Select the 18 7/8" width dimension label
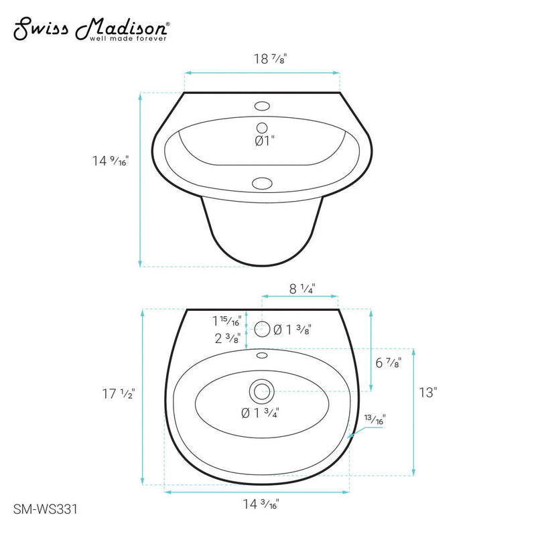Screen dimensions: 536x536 (x=262, y=58)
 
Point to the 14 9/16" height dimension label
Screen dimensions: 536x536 (x=110, y=161)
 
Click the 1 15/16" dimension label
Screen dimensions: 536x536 (x=226, y=320)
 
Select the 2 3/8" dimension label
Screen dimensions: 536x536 (x=227, y=338)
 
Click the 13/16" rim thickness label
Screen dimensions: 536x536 (x=375, y=420)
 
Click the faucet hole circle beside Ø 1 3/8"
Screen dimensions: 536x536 (x=263, y=328)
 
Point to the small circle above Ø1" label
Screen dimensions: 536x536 (x=262, y=127)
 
